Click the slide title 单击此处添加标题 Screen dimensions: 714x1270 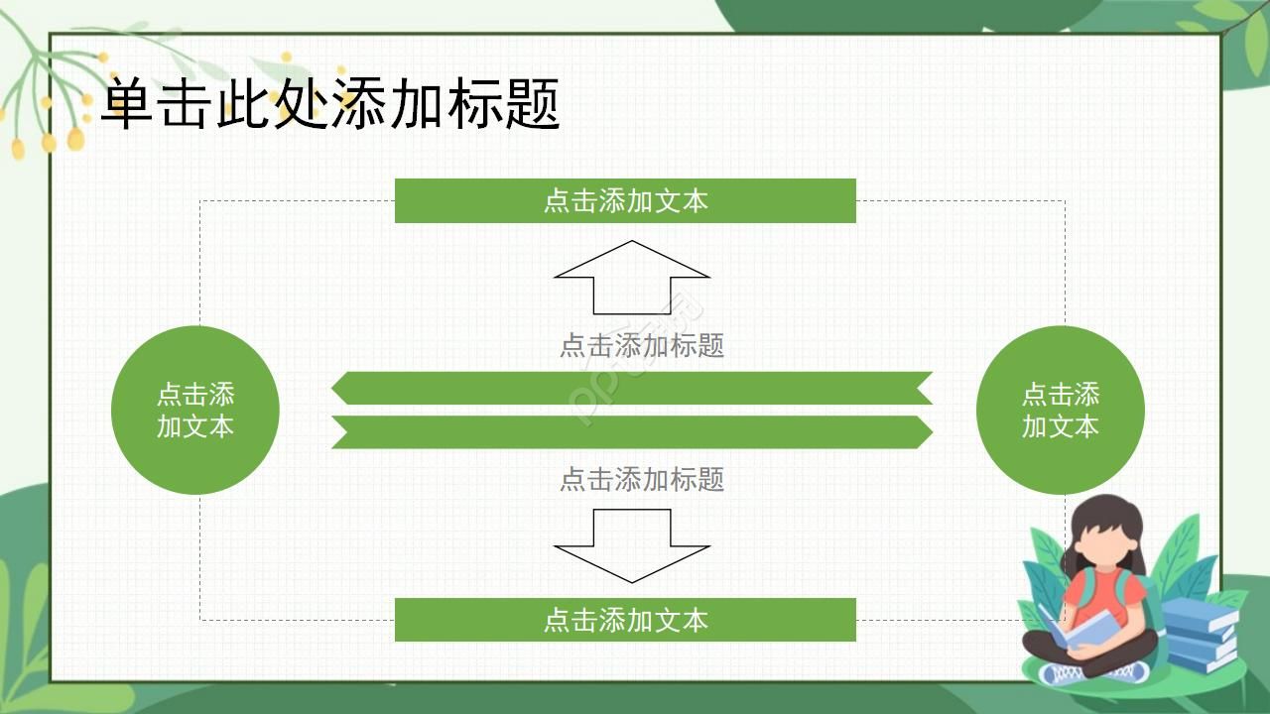331,103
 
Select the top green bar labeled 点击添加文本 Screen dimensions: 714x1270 625,200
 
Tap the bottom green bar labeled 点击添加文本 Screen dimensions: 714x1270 625,620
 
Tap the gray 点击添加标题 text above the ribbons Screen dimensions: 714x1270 642,345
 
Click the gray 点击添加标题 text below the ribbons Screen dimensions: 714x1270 642,479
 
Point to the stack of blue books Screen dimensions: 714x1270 1201,635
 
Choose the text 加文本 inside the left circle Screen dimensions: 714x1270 195,426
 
